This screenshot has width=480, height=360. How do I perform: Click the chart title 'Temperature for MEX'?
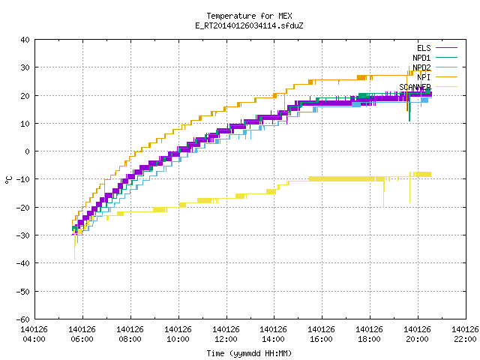[249, 16]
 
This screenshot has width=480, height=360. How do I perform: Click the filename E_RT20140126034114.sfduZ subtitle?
[249, 25]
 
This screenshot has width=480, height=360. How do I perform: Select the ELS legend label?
[424, 48]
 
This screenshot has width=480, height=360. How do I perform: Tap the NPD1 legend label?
[421, 58]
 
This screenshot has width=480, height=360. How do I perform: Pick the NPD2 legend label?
[421, 67]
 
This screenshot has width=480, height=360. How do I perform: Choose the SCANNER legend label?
[415, 87]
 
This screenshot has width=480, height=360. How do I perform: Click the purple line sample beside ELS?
[447, 48]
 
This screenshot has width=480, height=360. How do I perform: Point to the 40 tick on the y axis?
[25, 40]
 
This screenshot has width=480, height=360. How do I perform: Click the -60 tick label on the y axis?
[23, 319]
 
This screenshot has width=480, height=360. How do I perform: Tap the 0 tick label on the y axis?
[28, 151]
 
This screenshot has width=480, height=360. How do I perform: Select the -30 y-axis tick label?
[23, 235]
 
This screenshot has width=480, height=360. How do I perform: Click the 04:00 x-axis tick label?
[34, 339]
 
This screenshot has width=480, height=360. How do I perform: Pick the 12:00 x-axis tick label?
[226, 339]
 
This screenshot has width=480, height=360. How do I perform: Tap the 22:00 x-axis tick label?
[465, 339]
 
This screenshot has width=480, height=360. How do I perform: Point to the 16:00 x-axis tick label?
[321, 339]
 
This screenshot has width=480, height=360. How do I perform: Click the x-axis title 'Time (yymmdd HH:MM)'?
[249, 353]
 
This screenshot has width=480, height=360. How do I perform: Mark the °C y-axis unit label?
[9, 180]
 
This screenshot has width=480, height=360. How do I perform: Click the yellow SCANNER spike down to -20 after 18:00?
[383, 193]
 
